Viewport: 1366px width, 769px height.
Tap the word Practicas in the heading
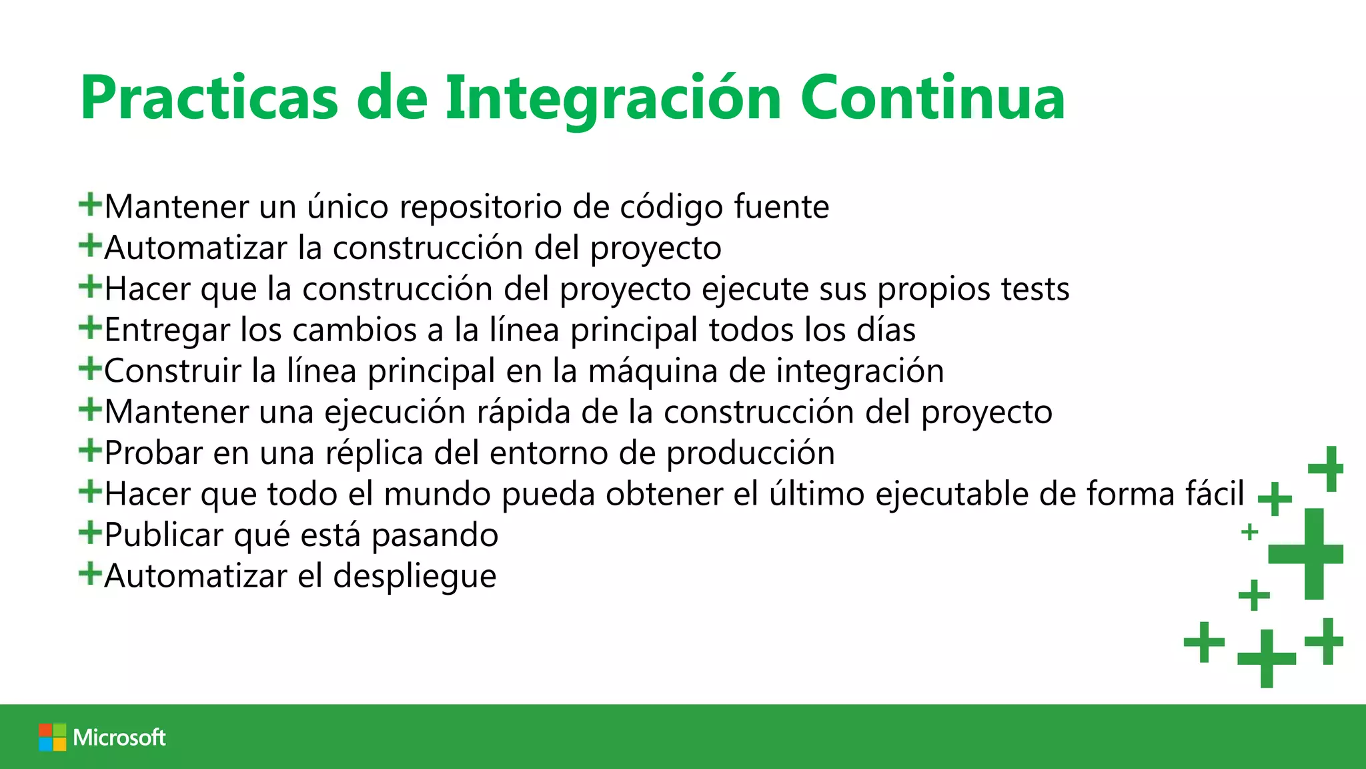click(209, 99)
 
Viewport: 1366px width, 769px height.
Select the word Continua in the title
click(932, 99)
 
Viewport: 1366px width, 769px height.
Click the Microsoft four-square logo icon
click(52, 737)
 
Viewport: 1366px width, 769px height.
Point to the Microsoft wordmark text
click(119, 737)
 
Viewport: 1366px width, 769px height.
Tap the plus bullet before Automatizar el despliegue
click(90, 573)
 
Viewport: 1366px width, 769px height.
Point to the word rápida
click(523, 412)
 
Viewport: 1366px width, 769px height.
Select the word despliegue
click(415, 577)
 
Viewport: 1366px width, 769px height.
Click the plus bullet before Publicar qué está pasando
click(90, 533)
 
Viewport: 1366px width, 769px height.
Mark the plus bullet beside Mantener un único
click(90, 204)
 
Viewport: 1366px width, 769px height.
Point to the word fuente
click(781, 207)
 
